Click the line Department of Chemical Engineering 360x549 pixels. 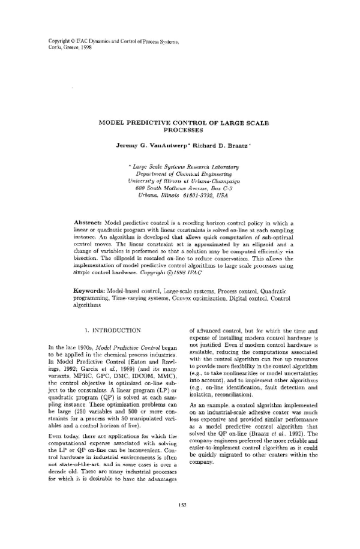tap(184, 172)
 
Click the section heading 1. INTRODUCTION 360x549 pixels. tap(113, 330)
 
